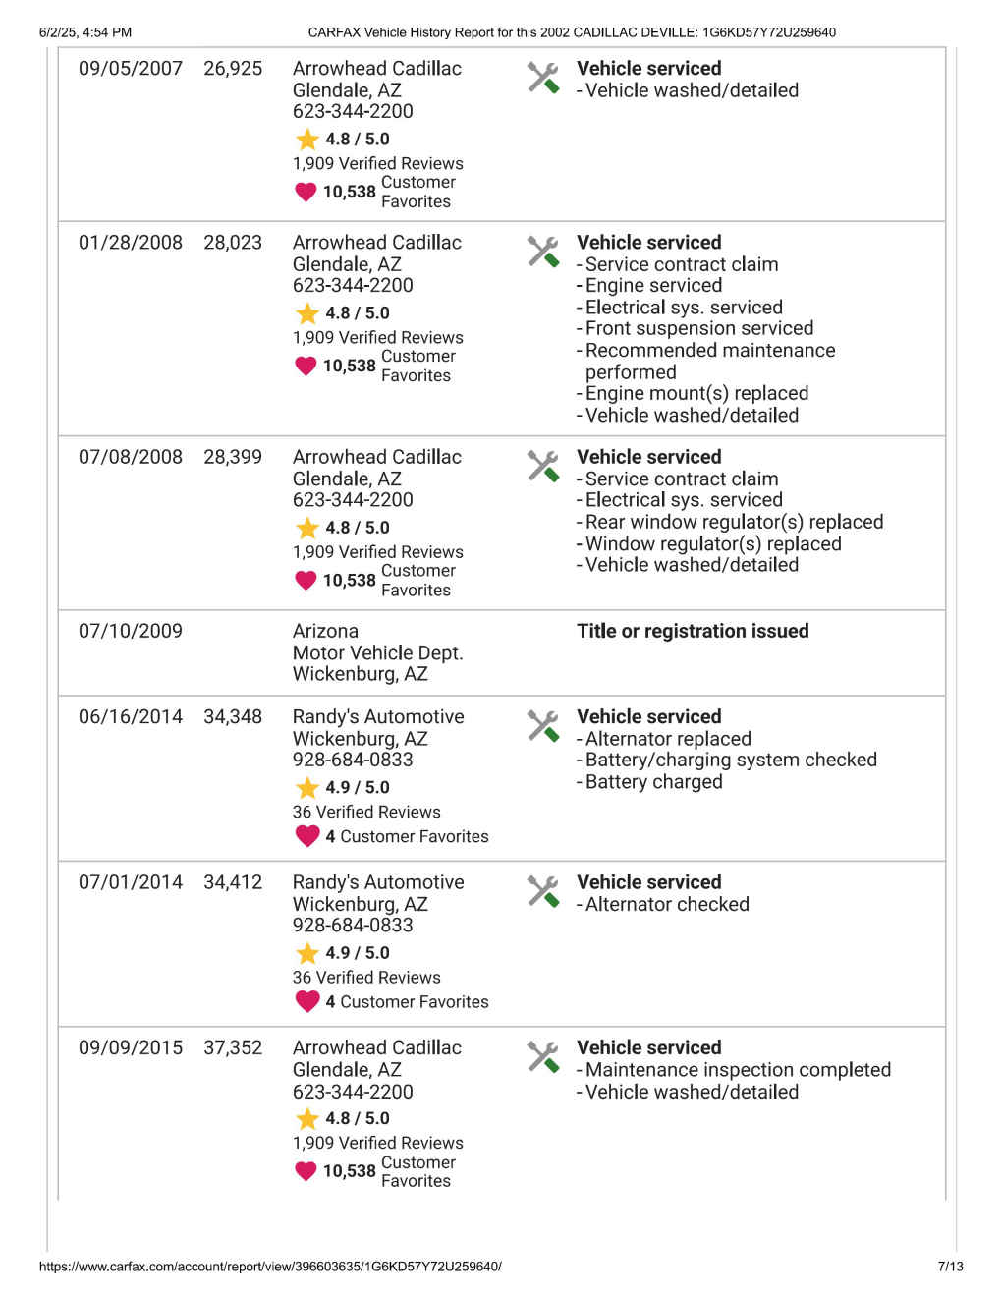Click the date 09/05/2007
coord(131,69)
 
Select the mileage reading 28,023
coord(233,243)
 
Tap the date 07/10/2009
coord(131,631)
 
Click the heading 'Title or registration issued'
coord(693,631)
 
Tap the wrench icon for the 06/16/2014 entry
coord(543,726)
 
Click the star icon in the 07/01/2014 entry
coord(307,953)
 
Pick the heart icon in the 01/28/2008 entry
coord(306,366)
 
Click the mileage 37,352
coord(233,1048)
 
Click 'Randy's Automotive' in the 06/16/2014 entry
coord(378,717)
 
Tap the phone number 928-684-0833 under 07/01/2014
coord(353,925)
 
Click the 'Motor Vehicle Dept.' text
coord(377,652)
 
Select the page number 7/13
coord(950,1267)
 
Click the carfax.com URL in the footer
coord(270,1267)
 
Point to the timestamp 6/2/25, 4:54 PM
coord(85,32)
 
